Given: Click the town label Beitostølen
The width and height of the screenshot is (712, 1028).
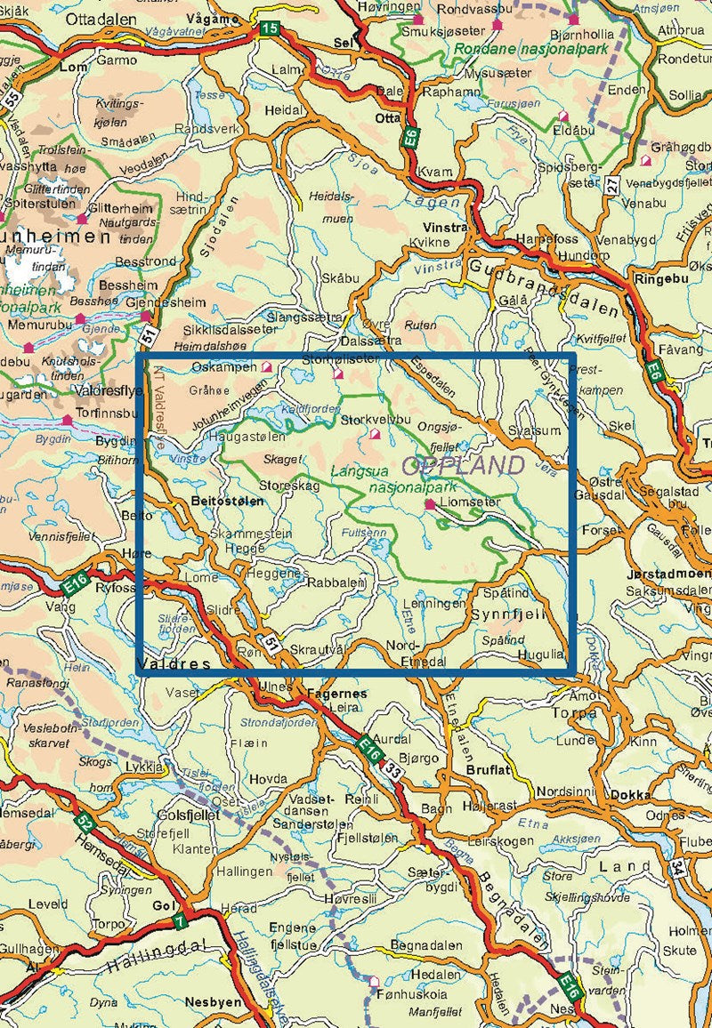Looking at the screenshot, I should pos(228,502).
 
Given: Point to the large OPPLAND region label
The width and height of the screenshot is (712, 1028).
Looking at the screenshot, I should pos(463,465).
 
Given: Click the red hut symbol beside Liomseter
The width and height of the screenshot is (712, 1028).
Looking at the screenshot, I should pos(430,504).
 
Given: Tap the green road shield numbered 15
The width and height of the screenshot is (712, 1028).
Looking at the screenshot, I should pos(269,29).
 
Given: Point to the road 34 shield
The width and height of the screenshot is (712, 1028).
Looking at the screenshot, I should pos(679,865).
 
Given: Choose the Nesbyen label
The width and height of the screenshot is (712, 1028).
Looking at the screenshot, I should pos(209,1001).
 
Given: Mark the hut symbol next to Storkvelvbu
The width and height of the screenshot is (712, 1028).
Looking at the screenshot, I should pos(375,435).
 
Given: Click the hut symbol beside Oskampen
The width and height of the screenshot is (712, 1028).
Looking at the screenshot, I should pos(266,365).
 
